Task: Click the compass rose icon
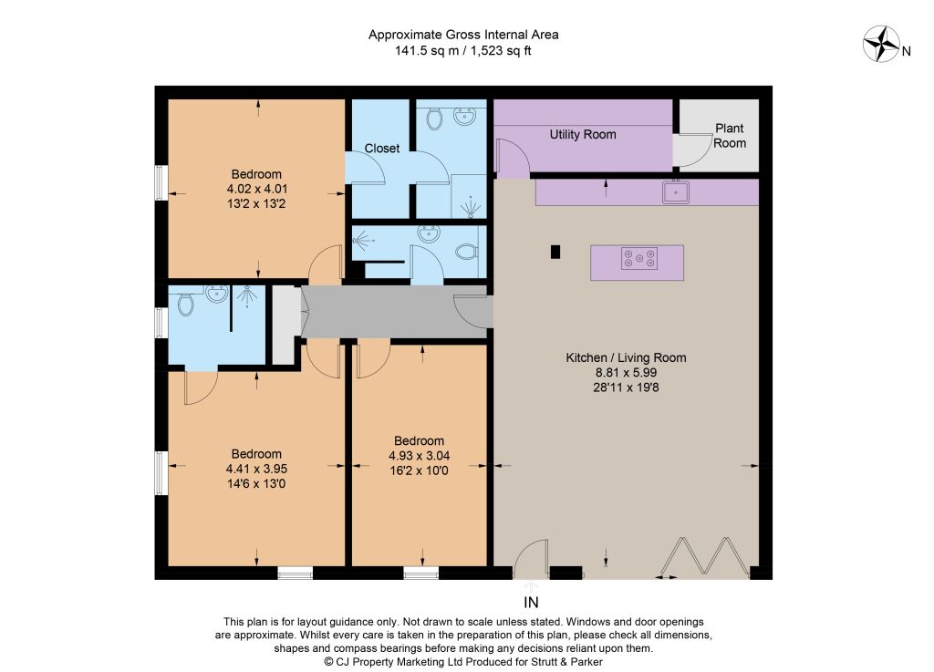(881, 44)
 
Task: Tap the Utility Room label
(583, 135)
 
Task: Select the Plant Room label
(730, 136)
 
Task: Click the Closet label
(382, 149)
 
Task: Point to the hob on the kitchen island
(639, 258)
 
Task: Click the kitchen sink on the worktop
(676, 191)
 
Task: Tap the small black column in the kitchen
(555, 252)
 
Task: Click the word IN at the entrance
(531, 603)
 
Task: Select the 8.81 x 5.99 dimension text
(626, 373)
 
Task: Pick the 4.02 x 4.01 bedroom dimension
(256, 190)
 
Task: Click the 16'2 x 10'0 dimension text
(419, 470)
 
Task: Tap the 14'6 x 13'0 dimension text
(256, 484)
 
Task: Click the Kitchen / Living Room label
(626, 357)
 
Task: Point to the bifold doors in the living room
(703, 558)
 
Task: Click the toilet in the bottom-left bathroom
(186, 304)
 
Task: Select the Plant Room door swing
(693, 150)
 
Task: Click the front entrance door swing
(531, 559)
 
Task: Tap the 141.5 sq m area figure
(427, 50)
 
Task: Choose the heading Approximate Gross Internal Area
(463, 35)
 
